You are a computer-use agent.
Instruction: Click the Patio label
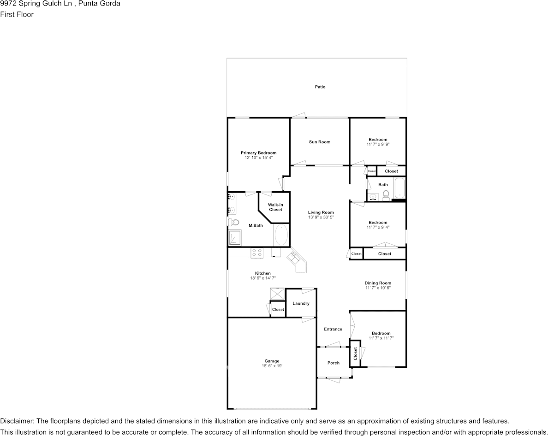point(320,87)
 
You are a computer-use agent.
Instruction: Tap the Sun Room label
point(320,142)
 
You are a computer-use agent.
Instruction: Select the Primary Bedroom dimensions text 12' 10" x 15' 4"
point(258,158)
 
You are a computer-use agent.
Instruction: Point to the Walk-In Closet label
point(275,207)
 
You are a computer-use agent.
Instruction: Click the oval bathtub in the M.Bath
point(281,235)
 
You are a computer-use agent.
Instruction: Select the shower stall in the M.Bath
point(235,237)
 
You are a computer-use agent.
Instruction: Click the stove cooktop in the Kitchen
point(257,253)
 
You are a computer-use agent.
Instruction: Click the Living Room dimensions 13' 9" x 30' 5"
point(321,217)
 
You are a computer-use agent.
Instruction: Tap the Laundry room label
point(301,303)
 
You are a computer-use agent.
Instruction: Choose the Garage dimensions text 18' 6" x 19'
point(272,366)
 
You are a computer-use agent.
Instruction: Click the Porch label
point(334,363)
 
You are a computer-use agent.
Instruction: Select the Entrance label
point(333,329)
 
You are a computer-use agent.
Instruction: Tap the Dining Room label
point(378,283)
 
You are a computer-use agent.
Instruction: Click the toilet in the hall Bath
point(386,195)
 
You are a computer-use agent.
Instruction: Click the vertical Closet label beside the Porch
point(355,354)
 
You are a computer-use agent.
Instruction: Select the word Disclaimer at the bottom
point(17,421)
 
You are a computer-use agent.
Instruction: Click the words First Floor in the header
point(17,14)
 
